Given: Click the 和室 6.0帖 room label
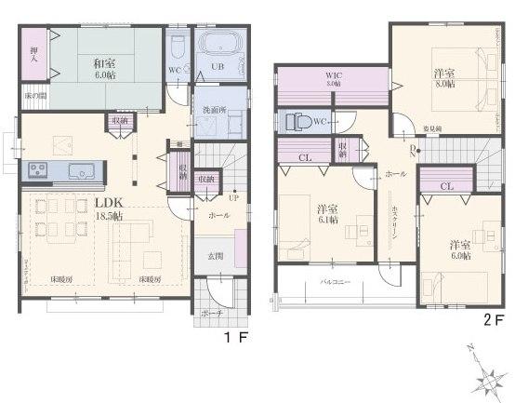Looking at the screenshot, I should (x=104, y=68).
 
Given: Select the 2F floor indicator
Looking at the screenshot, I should (x=493, y=318).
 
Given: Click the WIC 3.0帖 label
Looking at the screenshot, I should (x=333, y=79).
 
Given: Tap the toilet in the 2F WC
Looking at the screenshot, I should (x=298, y=121).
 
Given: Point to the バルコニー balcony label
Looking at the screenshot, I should (x=335, y=279).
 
